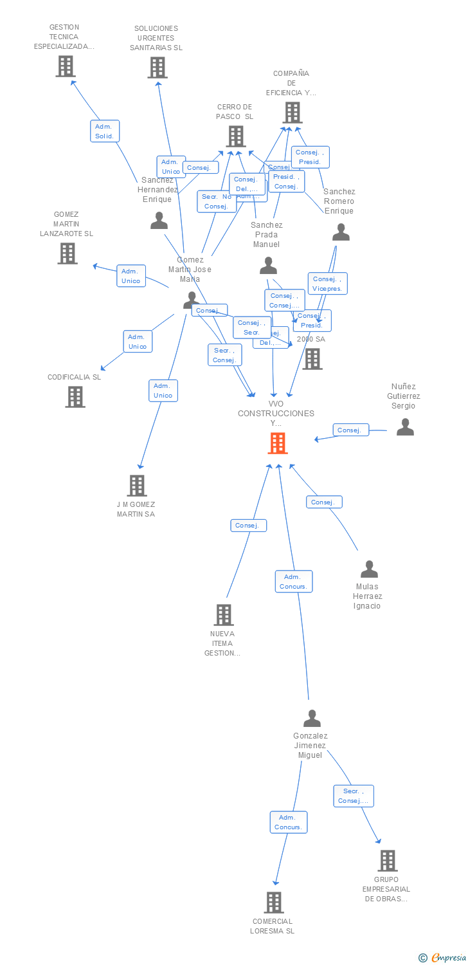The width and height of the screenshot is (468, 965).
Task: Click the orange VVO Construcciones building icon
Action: (278, 443)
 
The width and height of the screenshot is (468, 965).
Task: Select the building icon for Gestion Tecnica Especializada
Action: (65, 66)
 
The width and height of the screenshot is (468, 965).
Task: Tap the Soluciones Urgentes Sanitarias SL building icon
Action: (157, 68)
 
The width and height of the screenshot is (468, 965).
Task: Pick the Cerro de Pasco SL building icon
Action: (236, 136)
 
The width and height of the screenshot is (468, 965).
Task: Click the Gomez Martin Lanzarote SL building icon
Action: (67, 253)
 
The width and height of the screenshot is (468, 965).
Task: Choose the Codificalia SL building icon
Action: (75, 397)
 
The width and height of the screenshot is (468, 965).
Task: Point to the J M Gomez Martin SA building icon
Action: (137, 486)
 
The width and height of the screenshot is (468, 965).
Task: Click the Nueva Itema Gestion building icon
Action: (223, 615)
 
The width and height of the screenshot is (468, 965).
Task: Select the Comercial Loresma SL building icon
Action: (273, 903)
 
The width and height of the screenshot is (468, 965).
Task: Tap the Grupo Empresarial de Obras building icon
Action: (387, 861)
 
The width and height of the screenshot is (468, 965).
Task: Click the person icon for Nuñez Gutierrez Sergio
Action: (405, 427)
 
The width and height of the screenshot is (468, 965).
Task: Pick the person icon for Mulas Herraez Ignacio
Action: (369, 569)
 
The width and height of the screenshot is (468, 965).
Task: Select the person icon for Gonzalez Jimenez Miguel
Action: (312, 719)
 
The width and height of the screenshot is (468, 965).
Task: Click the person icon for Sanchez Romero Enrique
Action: (341, 233)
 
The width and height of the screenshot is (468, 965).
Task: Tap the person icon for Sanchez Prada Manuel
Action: (268, 266)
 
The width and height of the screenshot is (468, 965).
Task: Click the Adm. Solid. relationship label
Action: (104, 131)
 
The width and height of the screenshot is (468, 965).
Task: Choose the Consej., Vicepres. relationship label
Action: (328, 284)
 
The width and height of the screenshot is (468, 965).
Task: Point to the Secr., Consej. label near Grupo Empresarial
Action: (354, 796)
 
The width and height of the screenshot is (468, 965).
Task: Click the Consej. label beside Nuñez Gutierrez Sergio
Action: (350, 430)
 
